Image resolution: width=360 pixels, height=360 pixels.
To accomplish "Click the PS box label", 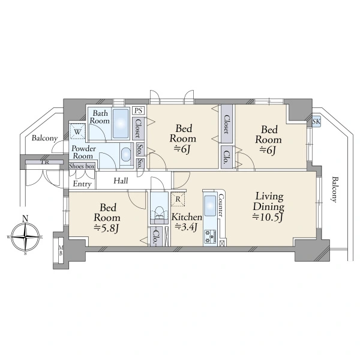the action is point(138,110).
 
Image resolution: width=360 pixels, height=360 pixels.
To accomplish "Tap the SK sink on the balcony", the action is point(316,121).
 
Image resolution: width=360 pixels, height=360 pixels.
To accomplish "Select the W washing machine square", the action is point(77,132).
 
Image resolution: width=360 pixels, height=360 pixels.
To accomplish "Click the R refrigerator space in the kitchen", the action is point(178,199).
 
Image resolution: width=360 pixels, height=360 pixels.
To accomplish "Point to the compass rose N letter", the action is point(25,218).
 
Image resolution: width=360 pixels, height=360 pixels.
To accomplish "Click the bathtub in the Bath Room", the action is point(121,123).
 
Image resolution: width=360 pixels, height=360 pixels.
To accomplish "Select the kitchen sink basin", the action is point(210,206).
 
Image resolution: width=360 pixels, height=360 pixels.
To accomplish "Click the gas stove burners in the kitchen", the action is point(211,236).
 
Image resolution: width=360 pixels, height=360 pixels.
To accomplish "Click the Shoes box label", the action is point(82,166).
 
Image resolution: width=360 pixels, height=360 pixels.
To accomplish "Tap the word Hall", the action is point(121,181).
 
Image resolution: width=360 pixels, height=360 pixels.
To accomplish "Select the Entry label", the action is point(82,184).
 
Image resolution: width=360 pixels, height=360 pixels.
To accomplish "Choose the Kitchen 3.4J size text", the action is point(186,227).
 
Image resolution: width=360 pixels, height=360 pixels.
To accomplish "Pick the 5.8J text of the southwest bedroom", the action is point(107,228).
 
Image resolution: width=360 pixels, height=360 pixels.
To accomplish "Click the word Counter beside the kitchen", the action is point(221,205).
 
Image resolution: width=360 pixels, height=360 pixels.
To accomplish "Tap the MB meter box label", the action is point(61,250).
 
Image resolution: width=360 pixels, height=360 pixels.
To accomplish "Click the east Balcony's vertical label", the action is point(335,190).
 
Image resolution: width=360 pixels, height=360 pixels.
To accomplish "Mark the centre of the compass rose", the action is point(25,236).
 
